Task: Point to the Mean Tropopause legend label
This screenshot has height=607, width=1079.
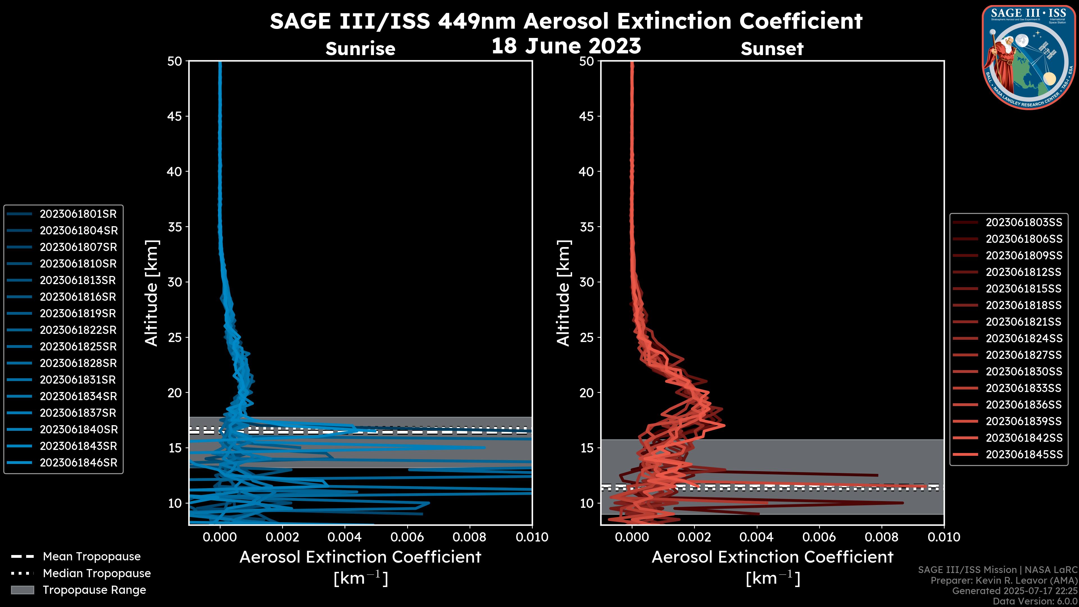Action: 92,557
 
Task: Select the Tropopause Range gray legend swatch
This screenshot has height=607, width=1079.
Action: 22,590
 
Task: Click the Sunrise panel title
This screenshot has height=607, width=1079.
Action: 360,49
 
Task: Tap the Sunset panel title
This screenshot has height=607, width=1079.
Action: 772,49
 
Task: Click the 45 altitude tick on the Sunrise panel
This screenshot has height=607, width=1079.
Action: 175,116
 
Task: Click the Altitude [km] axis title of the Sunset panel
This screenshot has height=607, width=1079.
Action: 564,293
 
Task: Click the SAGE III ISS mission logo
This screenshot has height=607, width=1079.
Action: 1028,57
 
